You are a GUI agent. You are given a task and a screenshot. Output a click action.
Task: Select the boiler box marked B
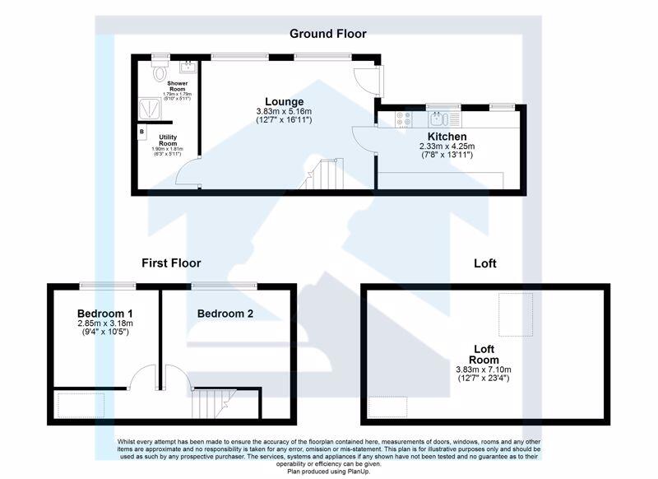(141, 132)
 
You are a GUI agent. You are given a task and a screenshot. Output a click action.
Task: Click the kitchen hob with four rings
(403, 119)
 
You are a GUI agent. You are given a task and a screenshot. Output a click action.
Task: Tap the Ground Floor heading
(327, 34)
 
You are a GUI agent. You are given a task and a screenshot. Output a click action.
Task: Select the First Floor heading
(171, 263)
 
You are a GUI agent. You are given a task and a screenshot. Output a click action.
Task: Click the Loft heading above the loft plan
(485, 264)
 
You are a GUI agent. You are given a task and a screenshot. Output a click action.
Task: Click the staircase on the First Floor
(210, 403)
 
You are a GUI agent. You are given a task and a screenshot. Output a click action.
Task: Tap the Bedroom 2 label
(225, 314)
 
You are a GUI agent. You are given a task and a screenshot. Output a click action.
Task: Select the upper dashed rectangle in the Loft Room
(517, 314)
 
